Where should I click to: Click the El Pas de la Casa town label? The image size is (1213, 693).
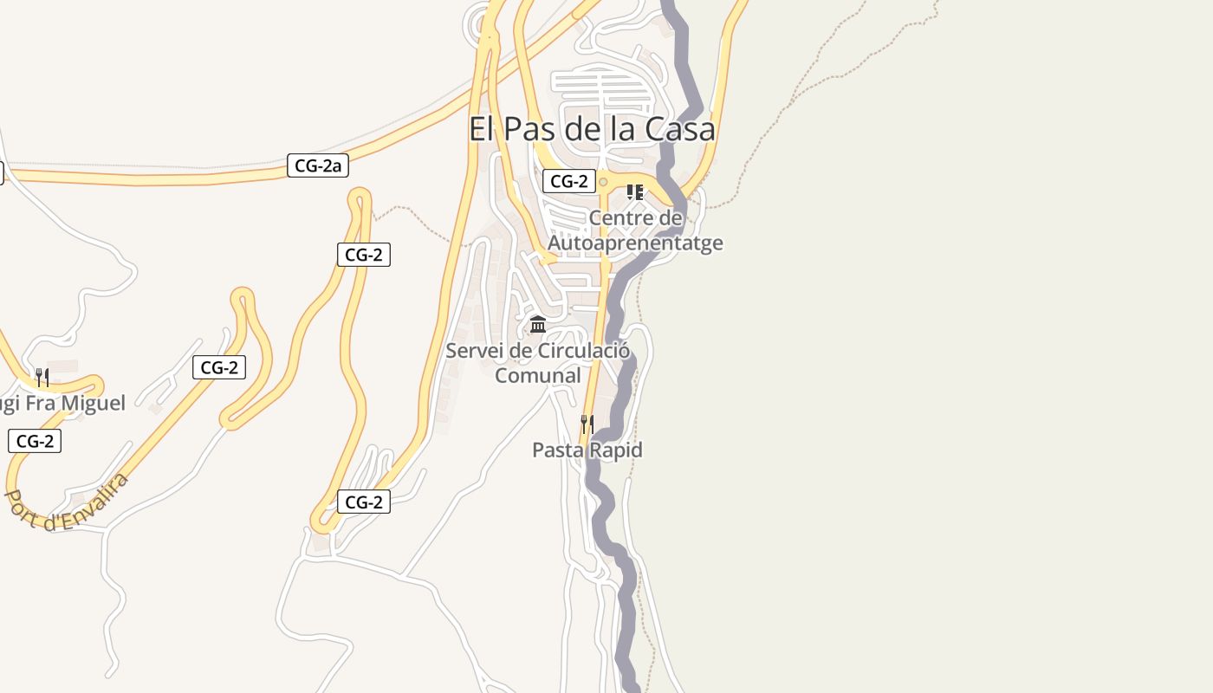592,129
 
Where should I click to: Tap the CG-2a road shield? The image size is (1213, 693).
318,165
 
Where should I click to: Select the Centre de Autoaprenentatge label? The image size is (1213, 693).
635,230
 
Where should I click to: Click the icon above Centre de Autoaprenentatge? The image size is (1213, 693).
634,192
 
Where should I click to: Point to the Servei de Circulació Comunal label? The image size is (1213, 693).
537,363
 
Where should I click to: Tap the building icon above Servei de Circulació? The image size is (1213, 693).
538,325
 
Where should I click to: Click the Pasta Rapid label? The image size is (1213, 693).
587,450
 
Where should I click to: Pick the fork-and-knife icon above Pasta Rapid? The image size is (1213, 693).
587,424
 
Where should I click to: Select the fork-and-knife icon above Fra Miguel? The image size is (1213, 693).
42,377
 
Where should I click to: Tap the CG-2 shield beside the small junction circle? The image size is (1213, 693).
569,181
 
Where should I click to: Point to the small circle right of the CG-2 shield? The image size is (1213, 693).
603,182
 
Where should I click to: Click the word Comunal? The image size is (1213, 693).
537,376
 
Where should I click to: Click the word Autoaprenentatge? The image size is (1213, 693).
635,243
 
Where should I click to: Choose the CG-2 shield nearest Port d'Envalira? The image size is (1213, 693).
35,441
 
